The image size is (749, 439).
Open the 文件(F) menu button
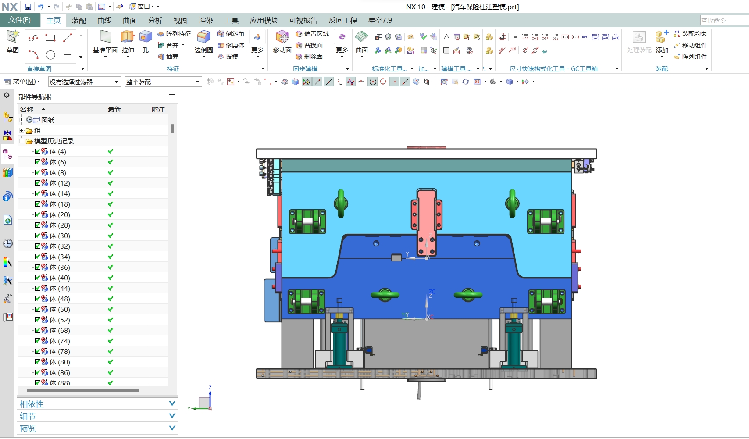19,20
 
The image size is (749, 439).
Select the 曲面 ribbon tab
129,21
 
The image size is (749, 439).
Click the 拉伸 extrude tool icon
128,37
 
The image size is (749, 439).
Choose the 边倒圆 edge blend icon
203,37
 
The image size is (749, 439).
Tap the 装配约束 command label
694,34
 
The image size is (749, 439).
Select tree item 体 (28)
60,225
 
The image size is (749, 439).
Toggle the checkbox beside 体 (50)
38,309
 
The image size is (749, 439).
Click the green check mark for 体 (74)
111,341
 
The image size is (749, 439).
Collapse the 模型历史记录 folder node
21,141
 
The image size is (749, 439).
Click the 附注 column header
158,109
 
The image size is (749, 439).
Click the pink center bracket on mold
426,219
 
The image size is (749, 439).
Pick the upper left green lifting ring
341,203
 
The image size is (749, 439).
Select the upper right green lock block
546,221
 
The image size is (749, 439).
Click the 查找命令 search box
724,21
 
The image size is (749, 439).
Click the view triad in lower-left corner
205,401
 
